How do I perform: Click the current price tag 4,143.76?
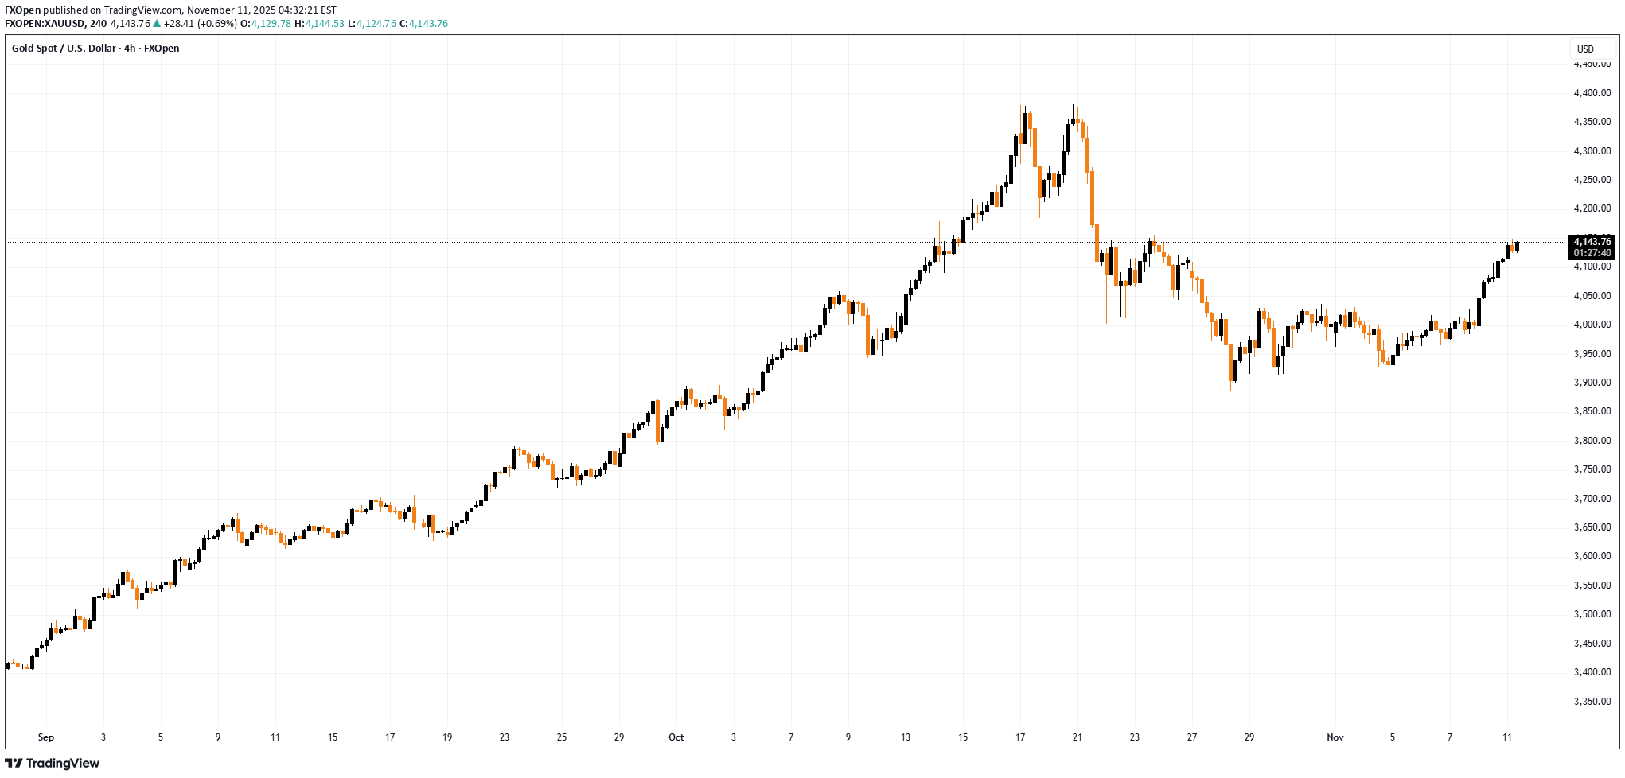tap(1592, 242)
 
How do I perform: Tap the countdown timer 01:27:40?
tap(1592, 253)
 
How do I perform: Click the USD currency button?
tap(1585, 49)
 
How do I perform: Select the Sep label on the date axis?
tap(46, 737)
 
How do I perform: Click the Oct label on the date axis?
tap(676, 737)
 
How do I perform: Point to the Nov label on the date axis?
tap(1335, 737)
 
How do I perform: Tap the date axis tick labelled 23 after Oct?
tap(1135, 737)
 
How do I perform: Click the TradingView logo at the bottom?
tap(53, 764)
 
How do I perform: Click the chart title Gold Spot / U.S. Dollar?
tap(64, 49)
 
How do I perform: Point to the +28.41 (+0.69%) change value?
tap(200, 24)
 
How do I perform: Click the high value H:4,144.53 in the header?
tap(319, 24)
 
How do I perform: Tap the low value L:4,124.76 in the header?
tap(372, 24)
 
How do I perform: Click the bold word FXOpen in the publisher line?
tap(22, 10)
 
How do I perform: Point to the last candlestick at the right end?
tap(1518, 246)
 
